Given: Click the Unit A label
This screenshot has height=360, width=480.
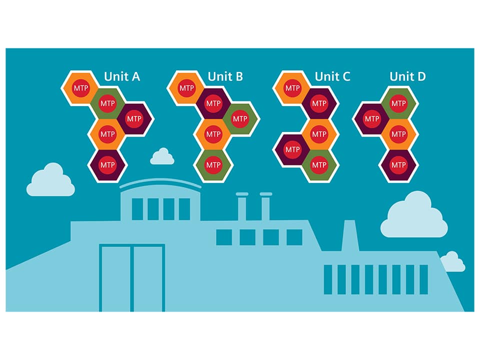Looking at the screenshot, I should point(122,76).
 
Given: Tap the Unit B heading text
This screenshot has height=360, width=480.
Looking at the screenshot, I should point(225,76).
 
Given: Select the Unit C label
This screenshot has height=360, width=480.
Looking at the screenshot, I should point(332,76).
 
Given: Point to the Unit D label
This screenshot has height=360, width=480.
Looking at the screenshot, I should point(407,76).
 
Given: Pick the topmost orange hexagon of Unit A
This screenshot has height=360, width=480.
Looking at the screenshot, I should point(80,88).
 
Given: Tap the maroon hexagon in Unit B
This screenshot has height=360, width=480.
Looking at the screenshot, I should point(213,103).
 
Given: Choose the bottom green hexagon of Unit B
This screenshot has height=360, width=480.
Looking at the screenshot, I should point(213,164).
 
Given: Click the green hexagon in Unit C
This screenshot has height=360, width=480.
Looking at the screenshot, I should point(318,164).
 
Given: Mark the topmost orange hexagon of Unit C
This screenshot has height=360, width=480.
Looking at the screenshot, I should point(292,88).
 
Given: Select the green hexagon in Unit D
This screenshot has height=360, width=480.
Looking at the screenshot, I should point(398,103).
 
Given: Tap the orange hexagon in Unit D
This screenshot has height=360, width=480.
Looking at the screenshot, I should point(398,134).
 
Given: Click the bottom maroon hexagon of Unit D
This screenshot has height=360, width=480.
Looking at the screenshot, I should point(398,164).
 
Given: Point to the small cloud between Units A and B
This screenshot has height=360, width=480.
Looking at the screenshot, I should point(162,157).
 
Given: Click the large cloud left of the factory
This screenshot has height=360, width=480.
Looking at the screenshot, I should point(50,181).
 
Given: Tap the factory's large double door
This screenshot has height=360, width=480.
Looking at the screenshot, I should point(132,277).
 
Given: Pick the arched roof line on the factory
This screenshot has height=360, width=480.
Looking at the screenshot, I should point(160,183).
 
